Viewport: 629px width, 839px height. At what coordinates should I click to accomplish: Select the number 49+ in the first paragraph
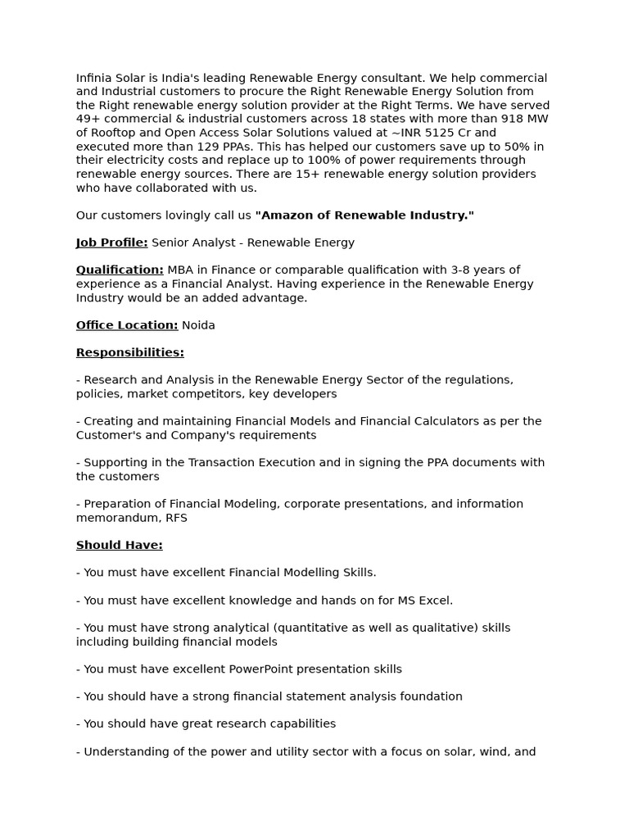88,119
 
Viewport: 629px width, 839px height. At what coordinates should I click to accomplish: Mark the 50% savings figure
511,147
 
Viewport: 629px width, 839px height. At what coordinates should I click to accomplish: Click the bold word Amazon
286,215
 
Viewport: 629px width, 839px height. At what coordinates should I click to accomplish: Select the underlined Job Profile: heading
112,243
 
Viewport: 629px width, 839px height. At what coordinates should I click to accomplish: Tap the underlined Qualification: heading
120,270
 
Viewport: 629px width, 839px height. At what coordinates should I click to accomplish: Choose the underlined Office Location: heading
127,325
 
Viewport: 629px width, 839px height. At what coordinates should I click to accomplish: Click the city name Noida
198,325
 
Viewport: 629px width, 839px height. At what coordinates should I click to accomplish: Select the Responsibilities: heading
130,352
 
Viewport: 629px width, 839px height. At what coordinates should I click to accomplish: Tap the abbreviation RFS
176,518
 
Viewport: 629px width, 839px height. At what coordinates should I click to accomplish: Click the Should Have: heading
120,545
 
